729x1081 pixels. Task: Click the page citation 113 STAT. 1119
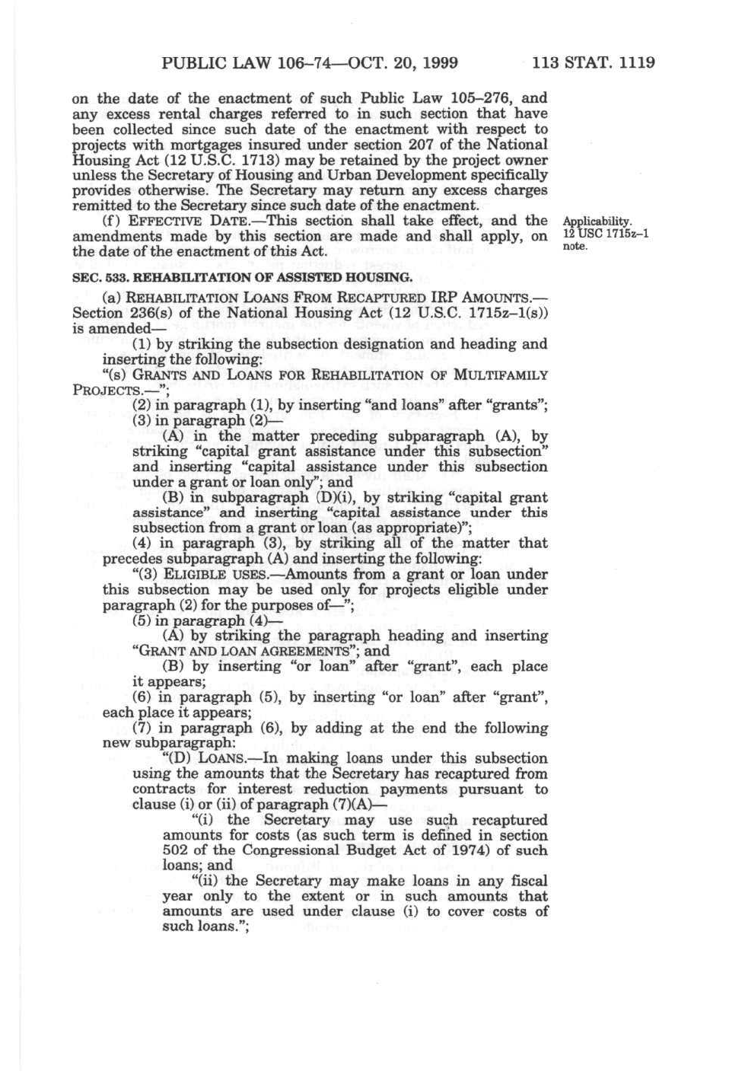pyautogui.click(x=594, y=62)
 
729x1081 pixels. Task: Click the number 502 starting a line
pyautogui.click(x=176, y=850)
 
